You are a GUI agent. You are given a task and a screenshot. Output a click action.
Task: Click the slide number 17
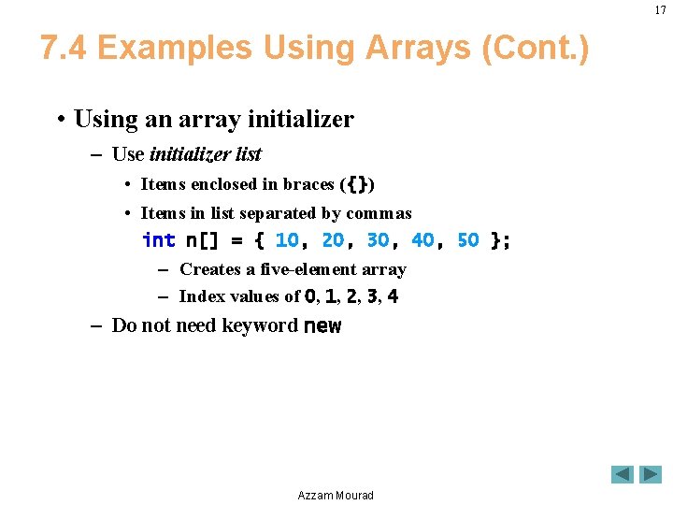660,10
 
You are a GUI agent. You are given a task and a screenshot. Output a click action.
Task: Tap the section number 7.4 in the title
64,48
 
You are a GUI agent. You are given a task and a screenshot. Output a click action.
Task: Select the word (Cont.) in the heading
536,48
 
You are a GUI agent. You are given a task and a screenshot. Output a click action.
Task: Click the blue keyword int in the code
159,239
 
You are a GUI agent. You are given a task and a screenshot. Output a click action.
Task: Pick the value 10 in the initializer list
287,240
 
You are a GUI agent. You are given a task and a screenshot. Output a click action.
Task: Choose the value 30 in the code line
379,240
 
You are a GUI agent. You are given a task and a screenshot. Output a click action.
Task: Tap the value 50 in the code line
468,240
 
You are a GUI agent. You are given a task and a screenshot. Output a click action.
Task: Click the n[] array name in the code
202,240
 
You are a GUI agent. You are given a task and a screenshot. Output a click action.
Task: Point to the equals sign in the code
236,241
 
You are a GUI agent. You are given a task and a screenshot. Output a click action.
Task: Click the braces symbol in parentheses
357,184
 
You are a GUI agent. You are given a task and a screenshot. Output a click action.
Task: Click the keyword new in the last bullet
322,326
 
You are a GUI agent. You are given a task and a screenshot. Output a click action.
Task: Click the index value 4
393,296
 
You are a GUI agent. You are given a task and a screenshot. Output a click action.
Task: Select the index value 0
310,296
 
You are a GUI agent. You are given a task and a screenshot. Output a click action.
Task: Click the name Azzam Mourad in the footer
336,495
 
